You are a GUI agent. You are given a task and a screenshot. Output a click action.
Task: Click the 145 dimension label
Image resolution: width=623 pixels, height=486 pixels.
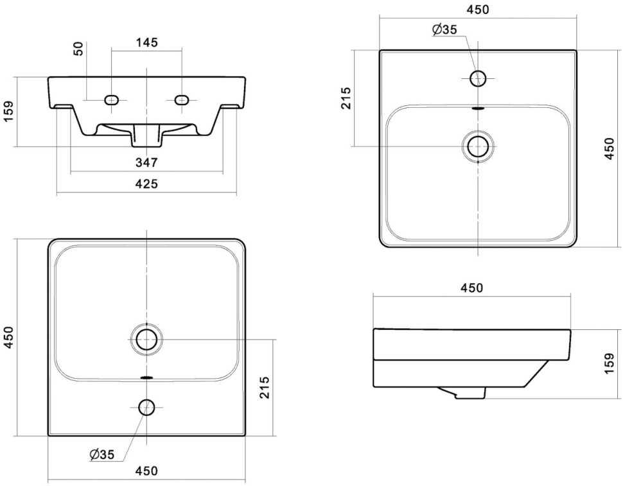point(147,42)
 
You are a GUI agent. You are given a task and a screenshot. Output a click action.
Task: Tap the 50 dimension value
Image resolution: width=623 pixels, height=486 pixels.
point(79,49)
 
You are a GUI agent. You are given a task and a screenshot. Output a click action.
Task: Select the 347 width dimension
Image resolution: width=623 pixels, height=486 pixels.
point(146,162)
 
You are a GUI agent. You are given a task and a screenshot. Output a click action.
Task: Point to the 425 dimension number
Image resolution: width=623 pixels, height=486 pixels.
point(146,184)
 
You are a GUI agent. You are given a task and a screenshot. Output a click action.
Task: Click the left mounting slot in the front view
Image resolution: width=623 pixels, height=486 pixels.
point(112,100)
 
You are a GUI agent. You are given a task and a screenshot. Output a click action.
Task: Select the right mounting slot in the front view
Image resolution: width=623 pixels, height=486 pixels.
point(182,100)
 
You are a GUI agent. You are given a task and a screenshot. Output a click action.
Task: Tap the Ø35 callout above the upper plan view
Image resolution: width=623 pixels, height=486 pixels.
point(444,30)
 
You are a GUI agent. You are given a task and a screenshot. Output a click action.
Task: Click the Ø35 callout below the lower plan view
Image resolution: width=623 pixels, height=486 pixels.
point(102,455)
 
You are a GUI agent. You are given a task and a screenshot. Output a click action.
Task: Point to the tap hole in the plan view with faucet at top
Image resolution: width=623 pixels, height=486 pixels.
point(478,78)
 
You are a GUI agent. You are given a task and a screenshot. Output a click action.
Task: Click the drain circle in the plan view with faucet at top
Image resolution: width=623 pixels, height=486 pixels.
point(478,146)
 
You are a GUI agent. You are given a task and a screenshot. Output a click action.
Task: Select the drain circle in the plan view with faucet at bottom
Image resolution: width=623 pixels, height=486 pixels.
point(146,338)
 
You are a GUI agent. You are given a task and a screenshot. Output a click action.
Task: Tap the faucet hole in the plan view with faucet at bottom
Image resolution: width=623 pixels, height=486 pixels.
point(146,406)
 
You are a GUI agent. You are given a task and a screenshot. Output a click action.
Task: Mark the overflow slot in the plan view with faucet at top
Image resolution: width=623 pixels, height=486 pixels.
point(478,108)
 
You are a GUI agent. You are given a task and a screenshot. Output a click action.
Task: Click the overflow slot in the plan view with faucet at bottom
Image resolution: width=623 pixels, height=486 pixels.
point(146,377)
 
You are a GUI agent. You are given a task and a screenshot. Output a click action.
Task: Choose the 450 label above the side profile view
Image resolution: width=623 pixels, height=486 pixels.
point(471,288)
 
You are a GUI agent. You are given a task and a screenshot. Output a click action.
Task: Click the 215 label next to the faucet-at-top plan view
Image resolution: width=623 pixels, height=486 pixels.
point(346,98)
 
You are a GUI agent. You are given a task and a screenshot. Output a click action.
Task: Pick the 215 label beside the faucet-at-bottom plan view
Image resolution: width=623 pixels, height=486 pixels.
point(264,387)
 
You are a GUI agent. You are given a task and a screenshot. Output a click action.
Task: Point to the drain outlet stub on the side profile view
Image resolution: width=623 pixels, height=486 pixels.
point(469,394)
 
